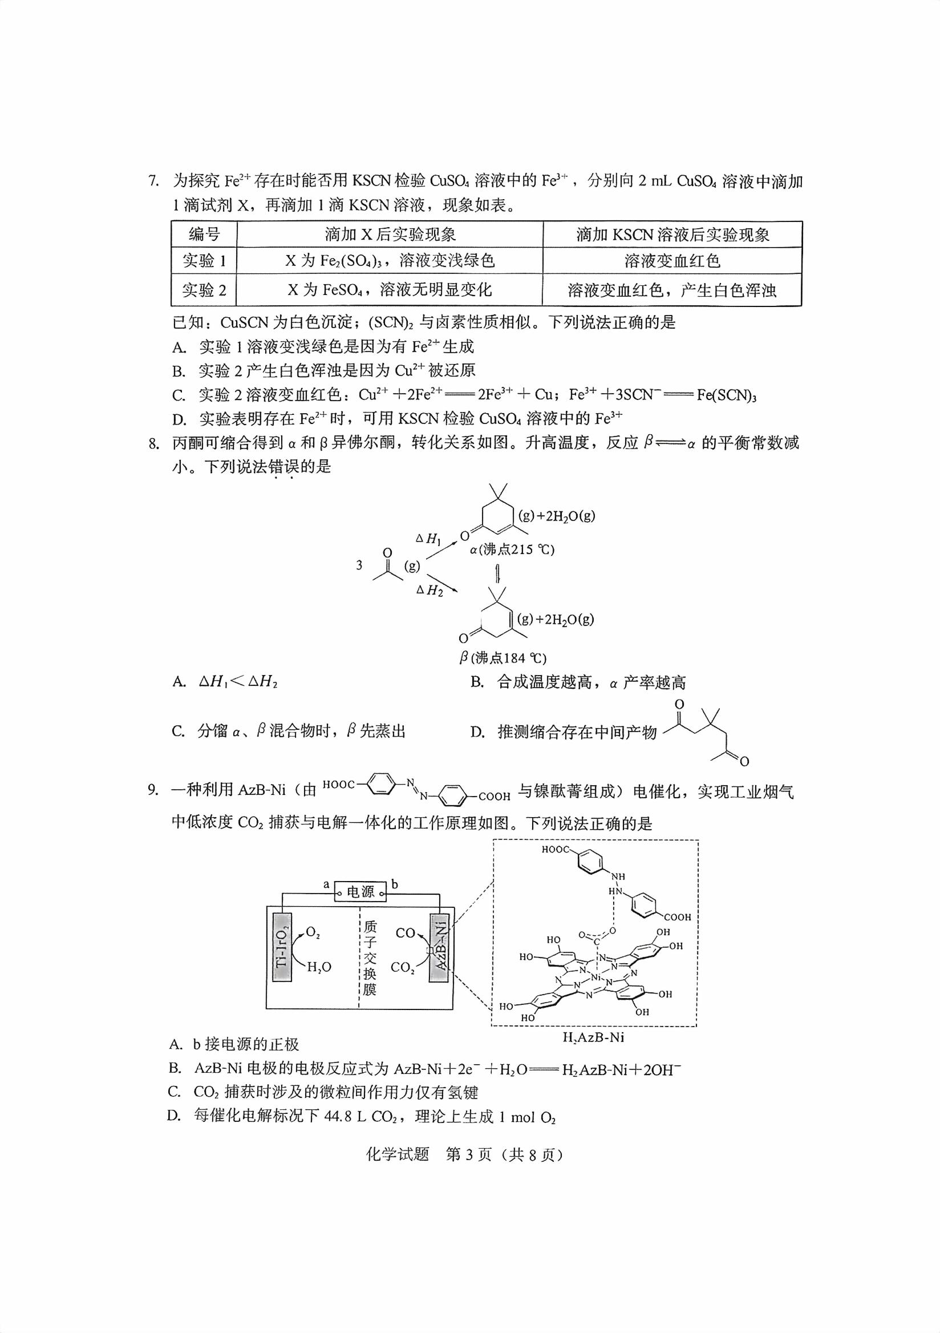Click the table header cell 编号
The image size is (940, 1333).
coord(204,235)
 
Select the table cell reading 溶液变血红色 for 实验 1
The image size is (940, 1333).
coord(672,261)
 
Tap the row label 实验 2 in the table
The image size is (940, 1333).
coord(204,290)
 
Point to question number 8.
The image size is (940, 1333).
coord(153,443)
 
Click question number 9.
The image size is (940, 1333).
coord(153,790)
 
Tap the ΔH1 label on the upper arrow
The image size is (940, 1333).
coord(428,539)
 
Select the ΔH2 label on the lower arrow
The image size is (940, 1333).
coord(430,591)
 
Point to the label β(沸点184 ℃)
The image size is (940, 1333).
coord(503,658)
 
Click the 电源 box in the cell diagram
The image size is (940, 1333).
coord(360,891)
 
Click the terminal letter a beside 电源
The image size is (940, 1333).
coord(326,884)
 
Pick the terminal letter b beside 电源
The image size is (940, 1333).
coord(395,884)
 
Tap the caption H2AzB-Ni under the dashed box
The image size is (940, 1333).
coord(593,1037)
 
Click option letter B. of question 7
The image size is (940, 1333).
coord(178,371)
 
